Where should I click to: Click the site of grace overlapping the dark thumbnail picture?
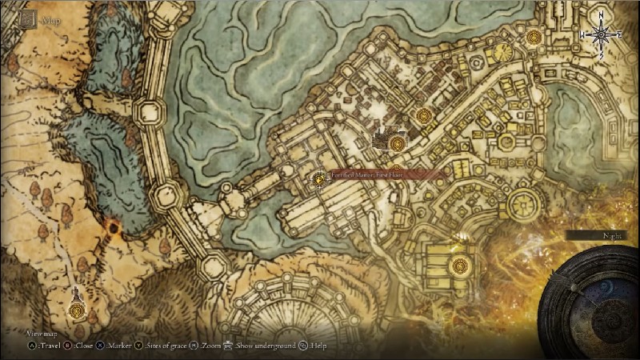coord(398,143)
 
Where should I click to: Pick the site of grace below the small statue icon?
coord(75,309)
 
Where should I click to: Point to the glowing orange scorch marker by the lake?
coord(114,230)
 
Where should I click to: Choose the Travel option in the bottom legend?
coord(49,346)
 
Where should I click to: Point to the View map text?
coord(40,333)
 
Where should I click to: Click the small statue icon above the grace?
coord(75,291)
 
